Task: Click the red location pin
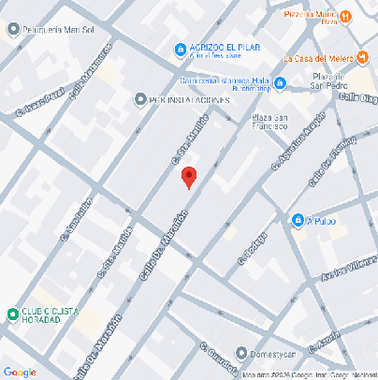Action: [x=188, y=177]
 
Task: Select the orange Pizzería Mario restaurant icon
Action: [x=346, y=16]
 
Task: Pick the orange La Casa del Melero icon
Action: [x=362, y=58]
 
